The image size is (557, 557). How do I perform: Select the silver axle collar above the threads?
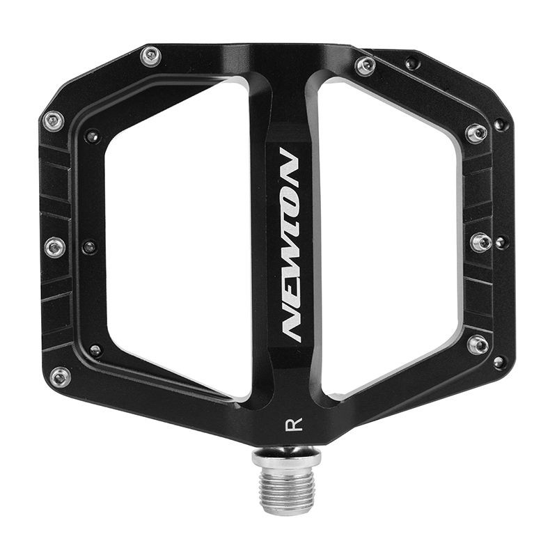point(286,458)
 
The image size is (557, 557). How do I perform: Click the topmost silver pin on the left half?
point(150,57)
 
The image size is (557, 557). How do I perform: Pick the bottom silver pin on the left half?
point(60,377)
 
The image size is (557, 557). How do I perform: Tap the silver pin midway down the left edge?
point(55,246)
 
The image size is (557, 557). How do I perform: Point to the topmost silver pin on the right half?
point(365,65)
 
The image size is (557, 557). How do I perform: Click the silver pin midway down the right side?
point(481,242)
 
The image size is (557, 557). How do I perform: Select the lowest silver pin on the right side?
point(477,344)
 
